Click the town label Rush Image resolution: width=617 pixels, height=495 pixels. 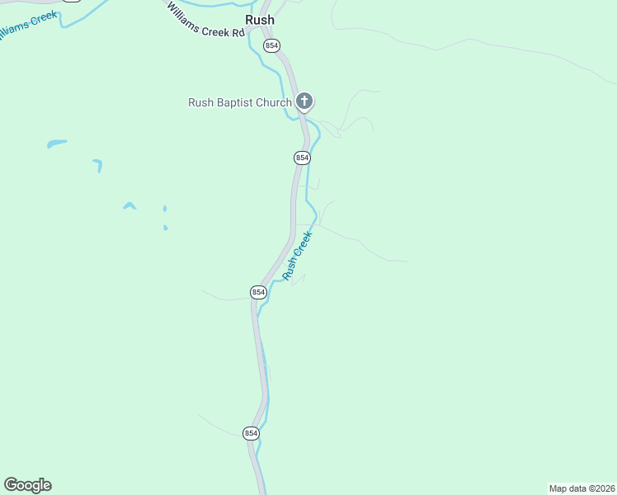260,20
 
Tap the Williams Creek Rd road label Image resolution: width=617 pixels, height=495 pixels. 206,21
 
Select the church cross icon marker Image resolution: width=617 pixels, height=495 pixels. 304,101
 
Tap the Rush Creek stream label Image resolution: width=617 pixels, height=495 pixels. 298,256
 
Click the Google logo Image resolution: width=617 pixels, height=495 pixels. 27,485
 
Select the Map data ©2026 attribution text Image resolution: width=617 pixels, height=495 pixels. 582,488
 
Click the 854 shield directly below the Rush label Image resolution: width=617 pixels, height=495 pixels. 271,45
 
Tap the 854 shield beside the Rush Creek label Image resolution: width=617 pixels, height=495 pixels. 258,292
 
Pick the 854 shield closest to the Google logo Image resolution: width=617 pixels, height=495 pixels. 252,433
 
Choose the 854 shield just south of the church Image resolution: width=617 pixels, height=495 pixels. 302,157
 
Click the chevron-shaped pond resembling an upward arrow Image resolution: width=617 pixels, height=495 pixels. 130,205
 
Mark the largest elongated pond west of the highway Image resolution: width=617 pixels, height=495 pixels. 57,144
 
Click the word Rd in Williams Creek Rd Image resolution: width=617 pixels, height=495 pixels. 238,33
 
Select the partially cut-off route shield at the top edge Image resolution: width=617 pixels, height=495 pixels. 72,2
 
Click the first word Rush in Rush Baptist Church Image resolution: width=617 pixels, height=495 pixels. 201,103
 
